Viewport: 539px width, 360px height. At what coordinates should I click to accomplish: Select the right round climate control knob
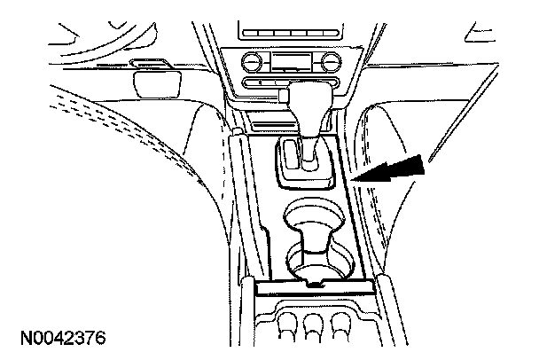(x=330, y=61)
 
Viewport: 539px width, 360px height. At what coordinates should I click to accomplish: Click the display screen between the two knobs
(x=290, y=62)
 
